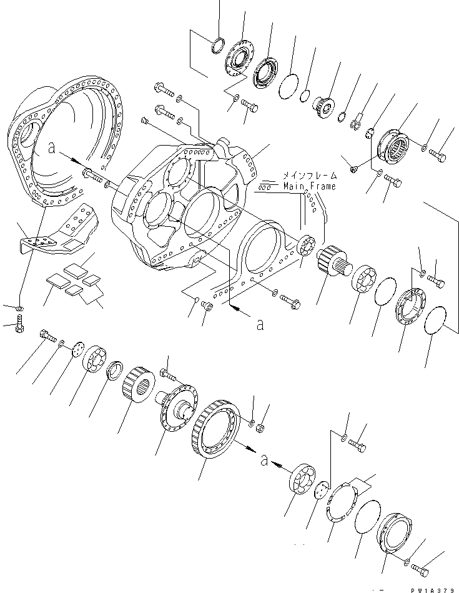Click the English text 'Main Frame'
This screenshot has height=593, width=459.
[x=309, y=186]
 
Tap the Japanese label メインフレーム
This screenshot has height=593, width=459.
[x=309, y=176]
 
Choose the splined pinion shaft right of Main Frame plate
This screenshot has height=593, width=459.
[x=329, y=261]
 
